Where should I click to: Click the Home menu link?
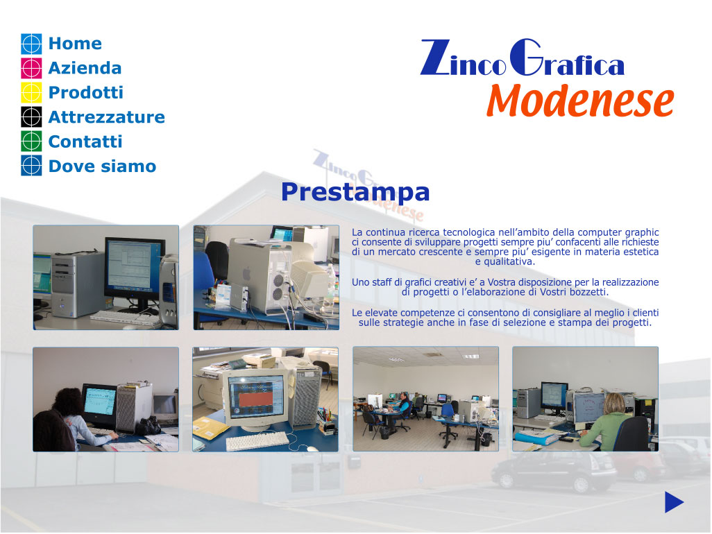[x=75, y=44]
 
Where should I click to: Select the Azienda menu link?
[x=85, y=68]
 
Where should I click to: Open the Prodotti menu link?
[x=86, y=92]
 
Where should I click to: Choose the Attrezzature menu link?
[x=107, y=117]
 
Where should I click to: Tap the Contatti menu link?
[x=85, y=141]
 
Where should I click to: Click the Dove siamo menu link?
[x=102, y=166]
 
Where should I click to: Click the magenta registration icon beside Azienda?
[x=31, y=68]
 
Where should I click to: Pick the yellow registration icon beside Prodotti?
[x=31, y=92]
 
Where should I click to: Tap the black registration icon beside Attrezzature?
[x=31, y=117]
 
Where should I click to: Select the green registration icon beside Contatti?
[x=31, y=141]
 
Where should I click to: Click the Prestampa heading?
[x=355, y=192]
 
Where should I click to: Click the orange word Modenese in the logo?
[x=580, y=101]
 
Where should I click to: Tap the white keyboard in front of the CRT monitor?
[x=257, y=440]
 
